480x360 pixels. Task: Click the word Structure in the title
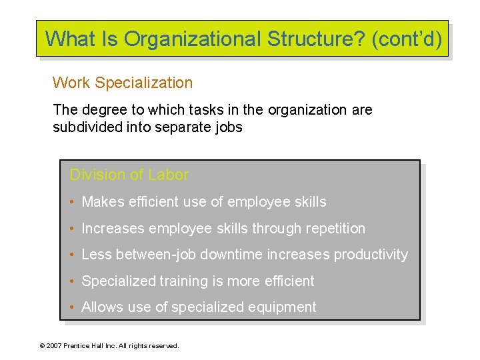pyautogui.click(x=319, y=39)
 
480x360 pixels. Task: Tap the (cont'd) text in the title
pyautogui.click(x=407, y=39)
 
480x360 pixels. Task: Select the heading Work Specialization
pyautogui.click(x=123, y=83)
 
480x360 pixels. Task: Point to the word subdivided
pyautogui.click(x=87, y=127)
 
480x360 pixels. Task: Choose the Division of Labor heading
pyautogui.click(x=129, y=175)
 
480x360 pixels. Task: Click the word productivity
pyautogui.click(x=371, y=255)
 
